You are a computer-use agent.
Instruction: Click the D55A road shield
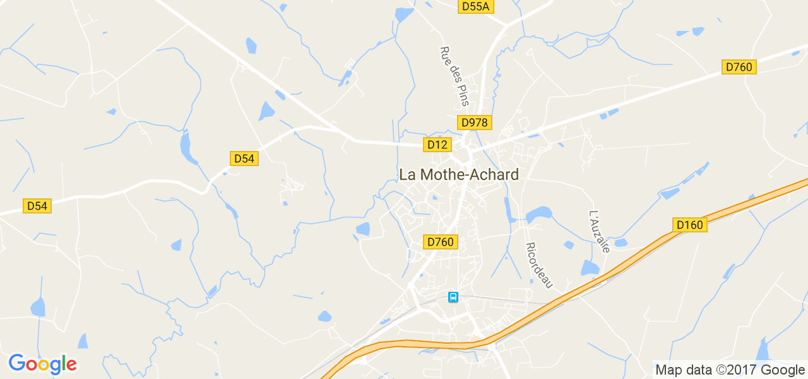pyautogui.click(x=475, y=6)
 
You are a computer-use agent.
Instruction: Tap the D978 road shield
pyautogui.click(x=474, y=123)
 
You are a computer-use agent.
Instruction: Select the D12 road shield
pyautogui.click(x=437, y=145)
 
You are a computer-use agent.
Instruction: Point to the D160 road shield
pyautogui.click(x=689, y=225)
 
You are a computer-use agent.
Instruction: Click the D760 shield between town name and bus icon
pyautogui.click(x=441, y=242)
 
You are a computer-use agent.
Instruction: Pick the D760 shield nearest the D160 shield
pyautogui.click(x=739, y=67)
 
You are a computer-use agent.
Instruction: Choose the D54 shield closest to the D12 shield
pyautogui.click(x=244, y=159)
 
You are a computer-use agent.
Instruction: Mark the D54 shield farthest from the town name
pyautogui.click(x=37, y=206)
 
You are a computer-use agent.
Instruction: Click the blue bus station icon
pyautogui.click(x=453, y=297)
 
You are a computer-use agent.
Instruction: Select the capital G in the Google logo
pyautogui.click(x=17, y=364)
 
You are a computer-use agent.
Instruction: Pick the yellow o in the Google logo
pyautogui.click(x=45, y=365)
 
